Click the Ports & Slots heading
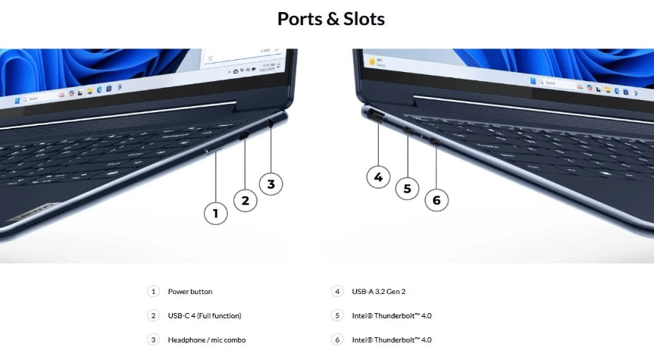pyautogui.click(x=330, y=19)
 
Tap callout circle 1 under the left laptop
pyautogui.click(x=215, y=214)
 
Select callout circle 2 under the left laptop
pyautogui.click(x=245, y=200)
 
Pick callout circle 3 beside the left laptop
pyautogui.click(x=271, y=183)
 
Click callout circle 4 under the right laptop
pyautogui.click(x=378, y=177)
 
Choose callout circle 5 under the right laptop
pyautogui.click(x=407, y=188)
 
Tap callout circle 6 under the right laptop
pyautogui.click(x=437, y=200)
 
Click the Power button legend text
pyautogui.click(x=189, y=292)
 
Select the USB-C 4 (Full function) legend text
pyautogui.click(x=204, y=315)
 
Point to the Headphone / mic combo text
pyautogui.click(x=206, y=340)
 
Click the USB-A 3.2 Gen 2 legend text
pyautogui.click(x=384, y=292)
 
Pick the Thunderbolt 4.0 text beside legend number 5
pyautogui.click(x=393, y=315)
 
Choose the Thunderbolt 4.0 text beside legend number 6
pyautogui.click(x=393, y=340)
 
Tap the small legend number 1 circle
pyautogui.click(x=153, y=292)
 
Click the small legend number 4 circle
pyautogui.click(x=337, y=292)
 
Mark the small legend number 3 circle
pyautogui.click(x=153, y=340)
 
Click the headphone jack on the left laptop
pyautogui.click(x=271, y=121)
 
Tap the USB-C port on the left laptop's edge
pyautogui.click(x=244, y=136)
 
